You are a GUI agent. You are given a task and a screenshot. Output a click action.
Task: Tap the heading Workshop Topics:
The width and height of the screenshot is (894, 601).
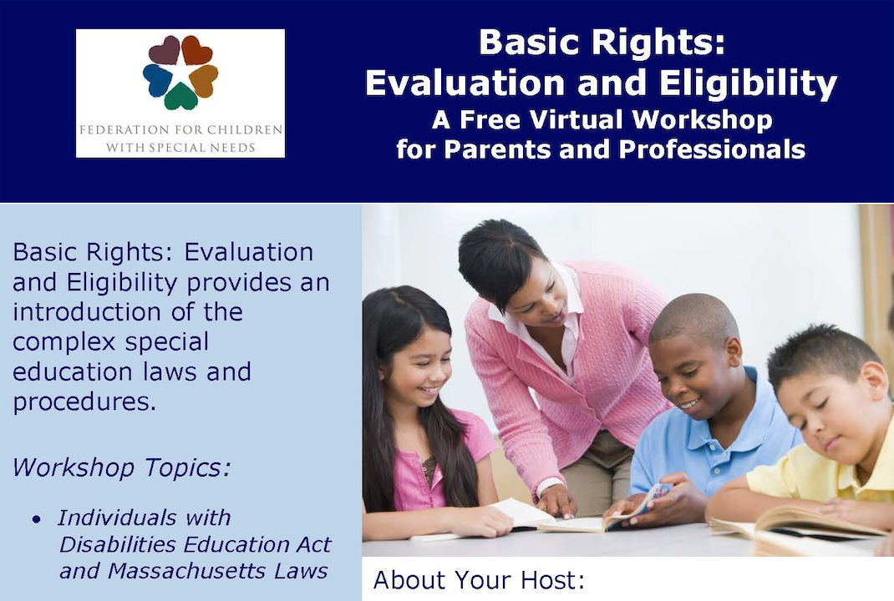tap(121, 467)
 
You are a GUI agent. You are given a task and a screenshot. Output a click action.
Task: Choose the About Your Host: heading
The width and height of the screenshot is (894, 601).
tap(480, 580)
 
